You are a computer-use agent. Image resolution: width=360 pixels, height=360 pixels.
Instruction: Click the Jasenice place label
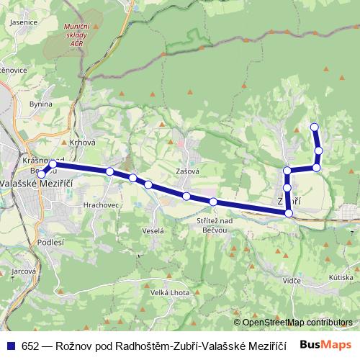point(24,22)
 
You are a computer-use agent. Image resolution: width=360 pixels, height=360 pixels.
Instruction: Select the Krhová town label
point(82,143)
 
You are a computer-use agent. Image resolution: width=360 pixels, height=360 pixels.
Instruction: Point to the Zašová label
point(187,171)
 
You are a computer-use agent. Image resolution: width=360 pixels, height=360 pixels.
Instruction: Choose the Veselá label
point(153,230)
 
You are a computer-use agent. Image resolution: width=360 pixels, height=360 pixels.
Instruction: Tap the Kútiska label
point(341,277)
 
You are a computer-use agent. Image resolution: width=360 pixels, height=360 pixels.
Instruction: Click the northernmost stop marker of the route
point(314,127)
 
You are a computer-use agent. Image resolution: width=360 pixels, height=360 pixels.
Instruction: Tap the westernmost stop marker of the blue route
point(42,174)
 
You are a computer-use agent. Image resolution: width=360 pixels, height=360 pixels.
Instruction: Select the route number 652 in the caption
point(30,346)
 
